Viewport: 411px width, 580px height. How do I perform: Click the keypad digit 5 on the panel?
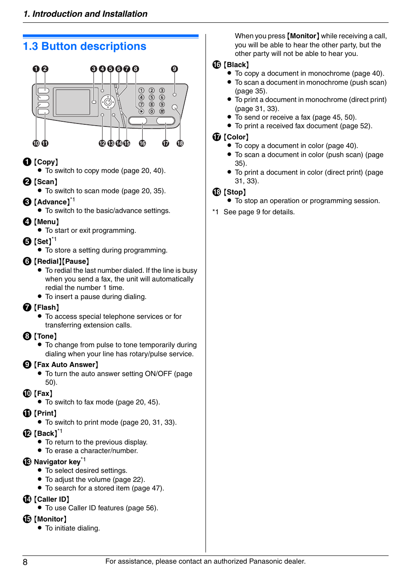(x=152, y=98)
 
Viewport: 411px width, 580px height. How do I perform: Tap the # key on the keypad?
(x=162, y=111)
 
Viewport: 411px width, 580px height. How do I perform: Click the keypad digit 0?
(x=152, y=111)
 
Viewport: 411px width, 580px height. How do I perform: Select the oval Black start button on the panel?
(x=138, y=120)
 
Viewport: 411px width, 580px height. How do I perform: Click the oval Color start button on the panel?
(x=165, y=120)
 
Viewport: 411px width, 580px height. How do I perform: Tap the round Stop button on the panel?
(x=175, y=107)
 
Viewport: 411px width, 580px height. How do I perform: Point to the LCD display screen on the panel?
(x=72, y=102)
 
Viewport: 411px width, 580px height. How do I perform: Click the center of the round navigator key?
(x=108, y=102)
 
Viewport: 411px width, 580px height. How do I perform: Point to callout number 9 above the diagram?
(x=174, y=69)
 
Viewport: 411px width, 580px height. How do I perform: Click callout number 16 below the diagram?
(x=142, y=143)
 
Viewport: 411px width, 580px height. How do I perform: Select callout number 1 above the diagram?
(x=36, y=69)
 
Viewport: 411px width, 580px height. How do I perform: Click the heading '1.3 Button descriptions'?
(x=84, y=46)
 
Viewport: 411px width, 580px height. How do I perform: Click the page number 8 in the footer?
(x=25, y=562)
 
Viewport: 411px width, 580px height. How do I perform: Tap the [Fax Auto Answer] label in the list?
(x=66, y=365)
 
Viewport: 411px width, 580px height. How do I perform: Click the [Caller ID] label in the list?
(x=52, y=499)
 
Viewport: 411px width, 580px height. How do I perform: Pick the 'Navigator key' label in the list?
(x=57, y=462)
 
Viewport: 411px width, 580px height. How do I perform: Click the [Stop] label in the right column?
(x=235, y=192)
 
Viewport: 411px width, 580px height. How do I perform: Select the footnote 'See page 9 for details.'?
(x=259, y=212)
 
